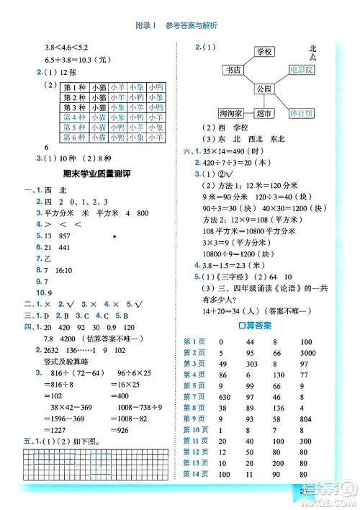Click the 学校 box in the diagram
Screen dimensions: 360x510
click(x=264, y=53)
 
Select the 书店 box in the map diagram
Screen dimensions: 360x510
click(x=233, y=71)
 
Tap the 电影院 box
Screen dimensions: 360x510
click(x=301, y=71)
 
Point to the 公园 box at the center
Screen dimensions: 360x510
click(x=264, y=89)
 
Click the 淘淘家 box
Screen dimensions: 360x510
click(x=232, y=114)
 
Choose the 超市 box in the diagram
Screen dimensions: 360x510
click(x=264, y=114)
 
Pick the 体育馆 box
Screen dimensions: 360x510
click(x=301, y=114)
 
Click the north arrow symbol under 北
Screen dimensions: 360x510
click(x=312, y=57)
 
